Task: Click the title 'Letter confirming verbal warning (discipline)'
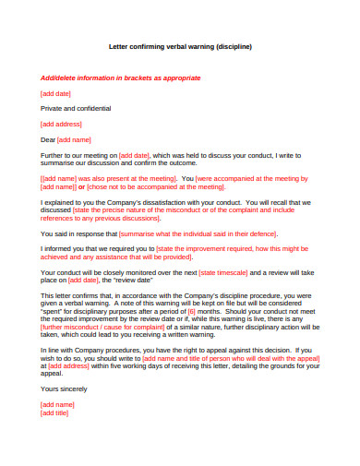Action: point(180,46)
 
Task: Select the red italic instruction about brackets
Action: point(120,78)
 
